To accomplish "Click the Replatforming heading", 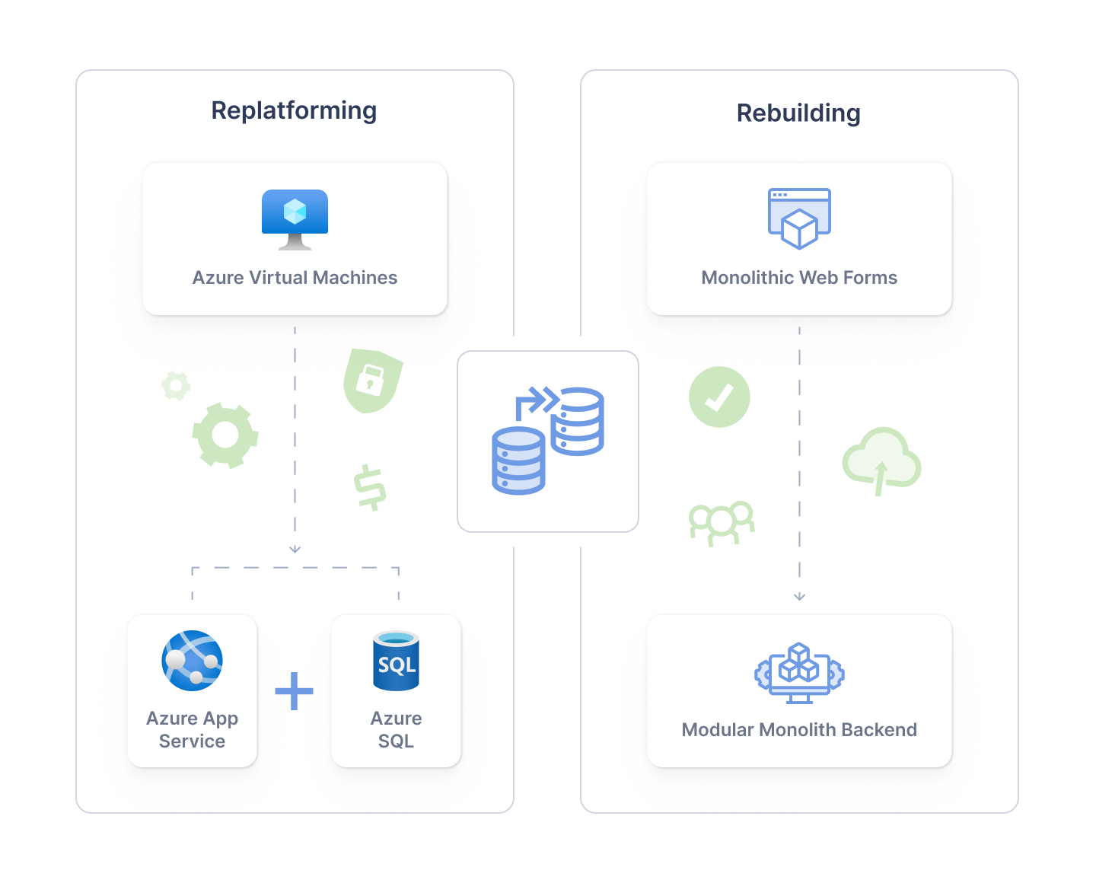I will pos(294,111).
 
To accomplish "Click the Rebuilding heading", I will pos(798,113).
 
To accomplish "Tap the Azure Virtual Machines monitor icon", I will pos(295,218).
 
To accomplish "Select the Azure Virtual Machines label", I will pos(295,278).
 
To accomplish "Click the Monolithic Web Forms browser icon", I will pos(799,218).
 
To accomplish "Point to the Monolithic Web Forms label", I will pos(799,278).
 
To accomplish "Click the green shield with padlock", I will pos(371,380).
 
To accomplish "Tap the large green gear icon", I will pos(225,435).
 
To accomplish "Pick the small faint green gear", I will pos(176,386).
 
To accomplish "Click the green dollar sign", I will pos(370,487).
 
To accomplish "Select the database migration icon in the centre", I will pos(548,441).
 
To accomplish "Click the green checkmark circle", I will pos(719,397).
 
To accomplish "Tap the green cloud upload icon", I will pos(881,461).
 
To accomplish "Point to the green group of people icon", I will pos(722,522).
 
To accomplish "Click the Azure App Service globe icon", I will pos(193,660).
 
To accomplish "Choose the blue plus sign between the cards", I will pos(295,691).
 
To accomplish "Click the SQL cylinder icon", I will pos(396,661).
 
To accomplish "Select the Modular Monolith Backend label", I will pos(799,730).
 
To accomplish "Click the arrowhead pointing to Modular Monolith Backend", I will pos(799,597).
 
